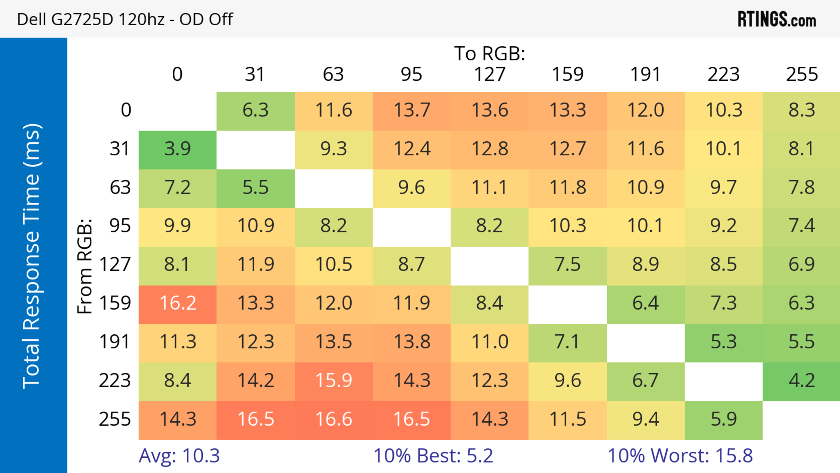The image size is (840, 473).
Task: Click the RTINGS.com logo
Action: (777, 19)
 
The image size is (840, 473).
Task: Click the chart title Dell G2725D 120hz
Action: (125, 19)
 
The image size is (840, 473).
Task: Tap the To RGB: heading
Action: (490, 53)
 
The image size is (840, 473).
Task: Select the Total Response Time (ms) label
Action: (32, 256)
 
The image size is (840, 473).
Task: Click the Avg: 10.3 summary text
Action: (179, 456)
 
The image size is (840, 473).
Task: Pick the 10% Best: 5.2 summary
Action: (433, 456)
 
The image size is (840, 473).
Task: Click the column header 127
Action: (490, 74)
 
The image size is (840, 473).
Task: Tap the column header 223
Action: (724, 74)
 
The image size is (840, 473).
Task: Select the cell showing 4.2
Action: (801, 381)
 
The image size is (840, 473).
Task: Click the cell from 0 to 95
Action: (411, 111)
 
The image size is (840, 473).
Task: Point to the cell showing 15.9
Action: (334, 381)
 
